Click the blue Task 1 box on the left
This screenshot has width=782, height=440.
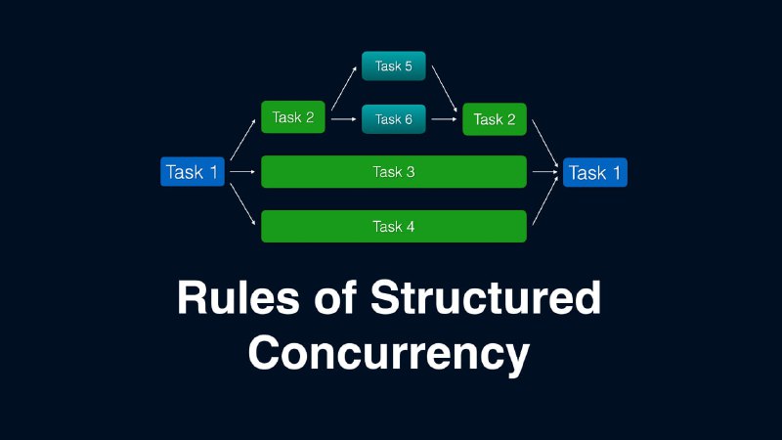[193, 172]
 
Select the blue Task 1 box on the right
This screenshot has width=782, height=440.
[595, 173]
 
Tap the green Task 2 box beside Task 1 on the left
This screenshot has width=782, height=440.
[293, 117]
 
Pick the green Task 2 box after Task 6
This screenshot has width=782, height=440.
[495, 119]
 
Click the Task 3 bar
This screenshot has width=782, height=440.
[394, 172]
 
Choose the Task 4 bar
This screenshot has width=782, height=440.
[394, 227]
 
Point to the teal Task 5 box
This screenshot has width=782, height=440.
[394, 66]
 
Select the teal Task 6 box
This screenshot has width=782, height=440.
[394, 119]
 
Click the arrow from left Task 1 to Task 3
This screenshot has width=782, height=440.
[242, 172]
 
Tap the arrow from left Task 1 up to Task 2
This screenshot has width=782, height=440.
[242, 139]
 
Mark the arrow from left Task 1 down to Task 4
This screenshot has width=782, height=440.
[242, 204]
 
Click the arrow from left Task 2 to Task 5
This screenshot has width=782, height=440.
[344, 88]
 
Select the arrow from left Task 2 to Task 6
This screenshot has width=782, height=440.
[344, 119]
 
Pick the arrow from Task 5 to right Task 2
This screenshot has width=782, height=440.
[445, 89]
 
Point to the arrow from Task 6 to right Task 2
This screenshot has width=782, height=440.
[445, 119]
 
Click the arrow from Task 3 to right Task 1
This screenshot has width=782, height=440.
[545, 172]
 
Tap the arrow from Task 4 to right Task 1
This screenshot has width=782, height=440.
[545, 200]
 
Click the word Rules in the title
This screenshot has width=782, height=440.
[239, 297]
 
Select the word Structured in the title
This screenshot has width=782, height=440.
[486, 297]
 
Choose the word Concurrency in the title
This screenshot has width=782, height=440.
[389, 353]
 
